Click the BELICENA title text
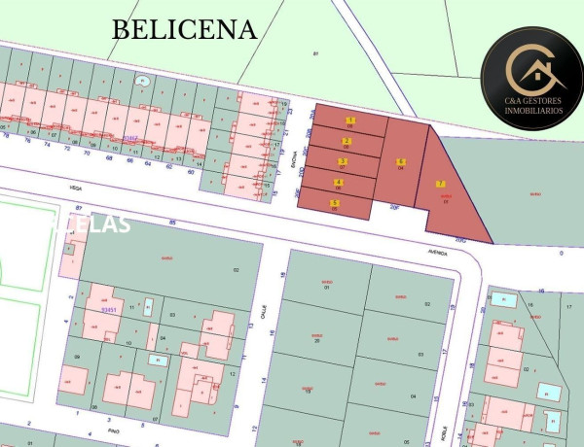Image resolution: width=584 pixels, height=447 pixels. (x=184, y=29)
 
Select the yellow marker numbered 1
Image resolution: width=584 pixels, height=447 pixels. (x=350, y=120)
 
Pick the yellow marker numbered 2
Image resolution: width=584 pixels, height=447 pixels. (x=347, y=141)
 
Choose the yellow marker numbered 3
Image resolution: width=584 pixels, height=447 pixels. (x=342, y=161)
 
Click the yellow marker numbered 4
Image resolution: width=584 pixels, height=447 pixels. (x=338, y=182)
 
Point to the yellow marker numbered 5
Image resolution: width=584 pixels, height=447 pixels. (x=335, y=203)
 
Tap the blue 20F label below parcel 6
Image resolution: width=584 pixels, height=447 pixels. (x=394, y=207)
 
